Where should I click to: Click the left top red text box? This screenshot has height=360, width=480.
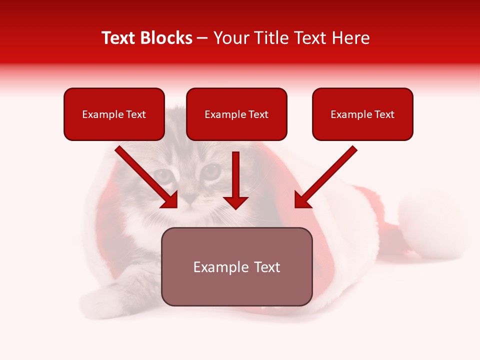[x=114, y=114]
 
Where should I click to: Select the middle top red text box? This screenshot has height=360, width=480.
[x=236, y=114]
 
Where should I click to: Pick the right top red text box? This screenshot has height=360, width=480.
[x=362, y=114]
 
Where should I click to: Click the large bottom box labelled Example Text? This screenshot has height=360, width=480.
[x=236, y=266]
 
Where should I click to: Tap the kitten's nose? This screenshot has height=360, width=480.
[x=189, y=198]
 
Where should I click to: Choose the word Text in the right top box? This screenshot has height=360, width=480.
[x=384, y=114]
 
